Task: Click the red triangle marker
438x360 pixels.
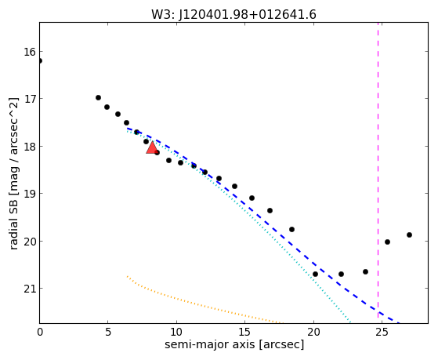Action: tap(152, 147)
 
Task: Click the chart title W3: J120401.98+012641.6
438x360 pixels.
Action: tap(233, 15)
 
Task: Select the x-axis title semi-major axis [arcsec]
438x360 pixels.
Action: tap(234, 344)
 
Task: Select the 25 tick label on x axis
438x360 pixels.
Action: tap(382, 332)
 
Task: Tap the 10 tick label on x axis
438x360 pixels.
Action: tap(176, 332)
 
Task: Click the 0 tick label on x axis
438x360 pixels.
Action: tap(40, 332)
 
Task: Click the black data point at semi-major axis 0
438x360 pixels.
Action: tap(40, 60)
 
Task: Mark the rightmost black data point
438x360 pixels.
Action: tap(409, 235)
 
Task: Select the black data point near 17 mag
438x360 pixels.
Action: tap(98, 97)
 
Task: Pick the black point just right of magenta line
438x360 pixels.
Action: tap(387, 242)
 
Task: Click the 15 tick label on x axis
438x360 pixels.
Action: tap(245, 332)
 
